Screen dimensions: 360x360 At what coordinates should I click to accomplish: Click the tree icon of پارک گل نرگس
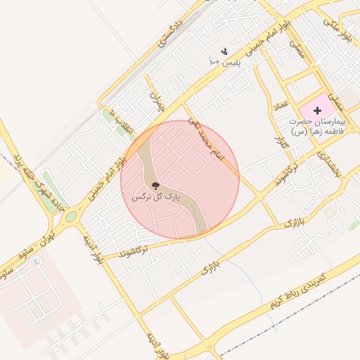(x=155, y=186)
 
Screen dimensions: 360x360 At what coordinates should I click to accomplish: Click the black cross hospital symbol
(x=317, y=110)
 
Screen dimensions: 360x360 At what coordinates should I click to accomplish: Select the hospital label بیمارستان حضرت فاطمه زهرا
(x=318, y=126)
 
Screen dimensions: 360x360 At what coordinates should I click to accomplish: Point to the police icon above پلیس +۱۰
(x=224, y=51)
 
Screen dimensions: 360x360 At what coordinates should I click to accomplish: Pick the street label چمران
(x=157, y=102)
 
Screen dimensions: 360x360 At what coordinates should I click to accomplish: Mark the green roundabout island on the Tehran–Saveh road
(x=70, y=218)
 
